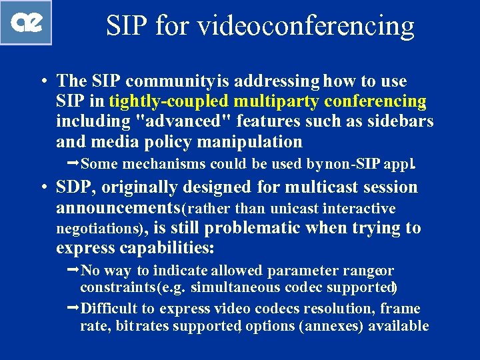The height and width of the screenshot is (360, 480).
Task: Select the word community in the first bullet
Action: [169, 81]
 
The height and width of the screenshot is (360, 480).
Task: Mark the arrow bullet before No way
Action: [73, 269]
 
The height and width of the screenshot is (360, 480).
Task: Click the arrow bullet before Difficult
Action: [73, 307]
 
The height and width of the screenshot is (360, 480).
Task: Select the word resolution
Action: [339, 308]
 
